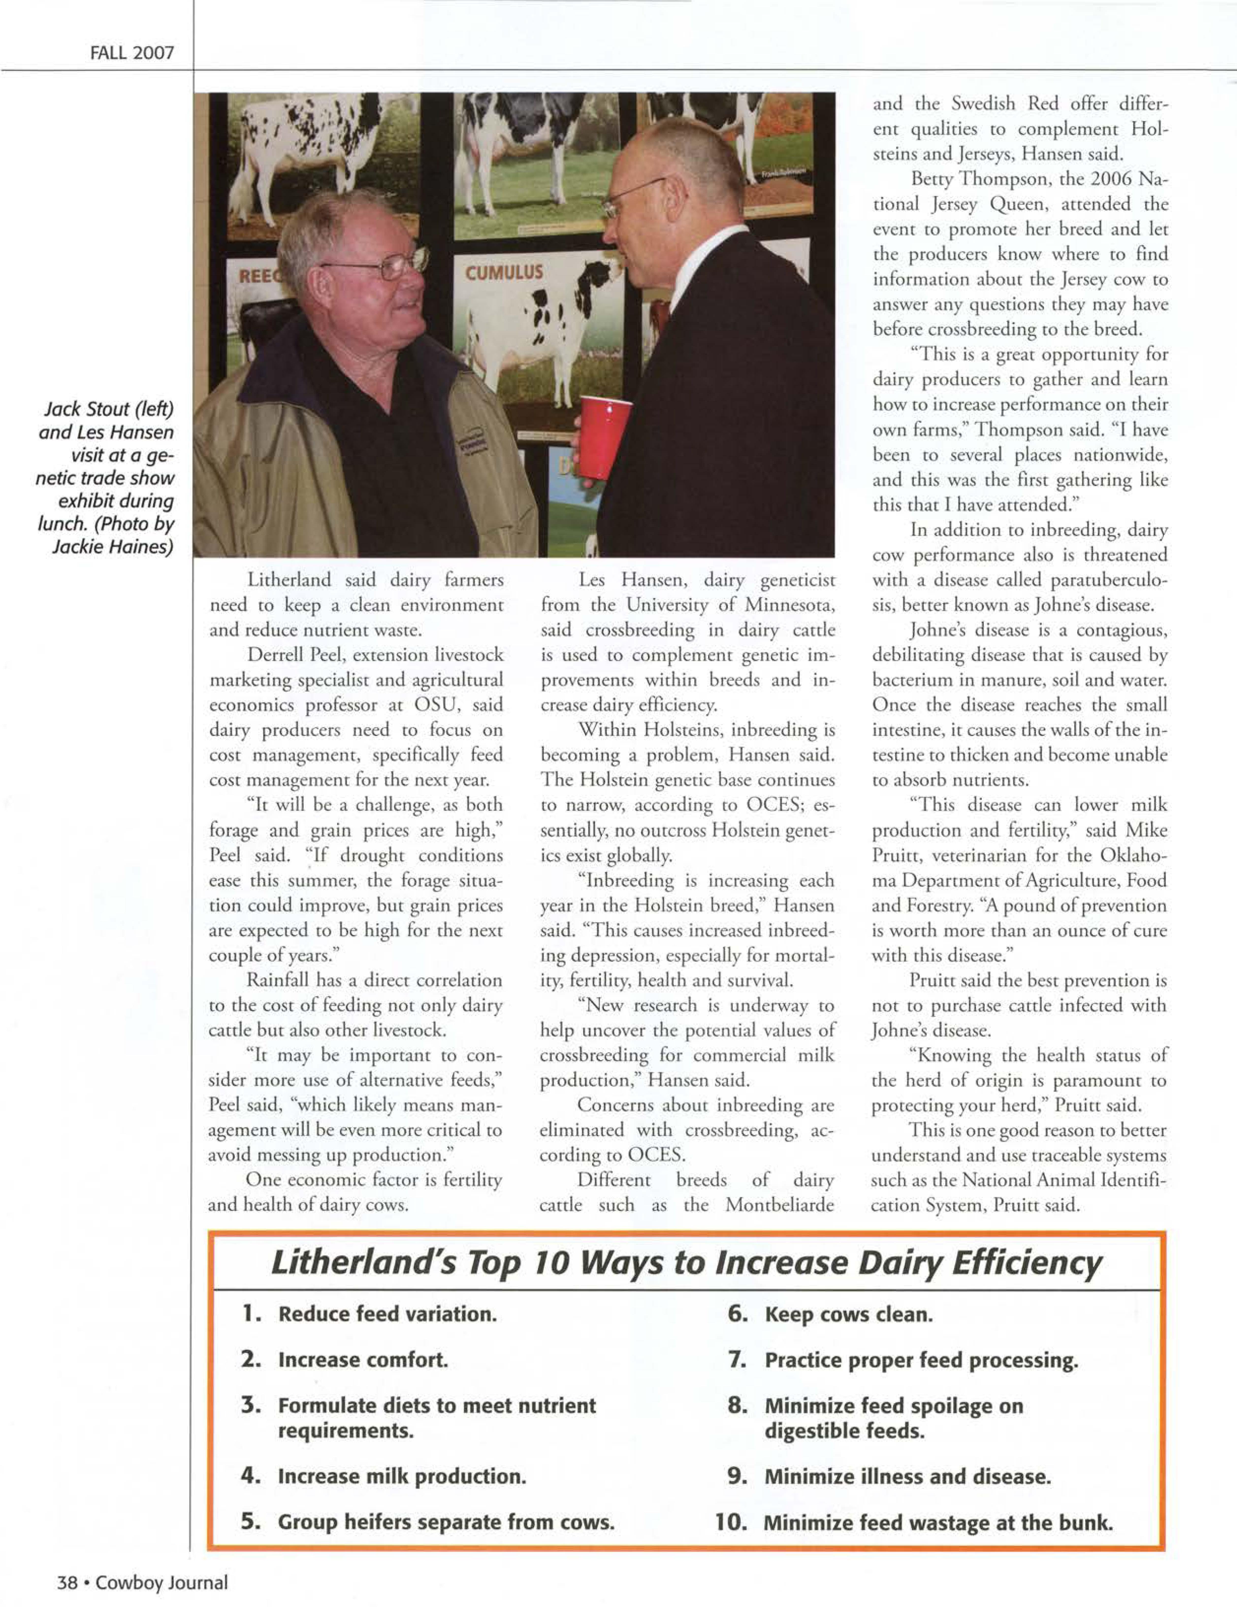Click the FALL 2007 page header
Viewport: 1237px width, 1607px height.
[132, 53]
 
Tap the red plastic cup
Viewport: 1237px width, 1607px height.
[603, 436]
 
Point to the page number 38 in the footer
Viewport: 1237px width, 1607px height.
[68, 1582]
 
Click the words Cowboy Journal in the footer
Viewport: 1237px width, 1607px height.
[162, 1582]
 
